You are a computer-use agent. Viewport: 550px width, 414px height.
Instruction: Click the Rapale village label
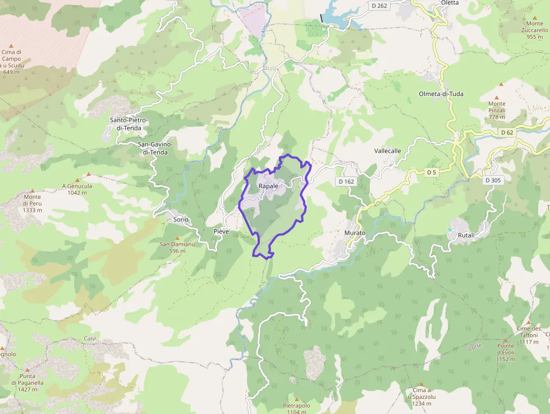[268, 186]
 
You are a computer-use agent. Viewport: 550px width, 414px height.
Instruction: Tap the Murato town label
[355, 233]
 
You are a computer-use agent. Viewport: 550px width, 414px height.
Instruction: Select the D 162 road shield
[346, 181]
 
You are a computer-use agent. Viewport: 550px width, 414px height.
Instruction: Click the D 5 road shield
[431, 172]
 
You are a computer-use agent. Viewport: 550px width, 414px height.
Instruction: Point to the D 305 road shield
[494, 180]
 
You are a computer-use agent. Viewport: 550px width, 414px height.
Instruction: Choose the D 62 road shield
[506, 133]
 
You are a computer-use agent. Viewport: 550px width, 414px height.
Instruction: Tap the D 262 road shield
[379, 6]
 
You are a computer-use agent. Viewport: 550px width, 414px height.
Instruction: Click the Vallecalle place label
[388, 151]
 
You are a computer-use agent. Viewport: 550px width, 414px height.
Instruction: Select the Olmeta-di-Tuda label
[441, 94]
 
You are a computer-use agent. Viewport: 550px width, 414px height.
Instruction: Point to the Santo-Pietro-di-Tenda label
[129, 124]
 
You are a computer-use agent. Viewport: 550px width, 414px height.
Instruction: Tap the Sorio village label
[181, 219]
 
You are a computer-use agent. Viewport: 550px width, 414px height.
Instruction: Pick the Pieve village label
[222, 231]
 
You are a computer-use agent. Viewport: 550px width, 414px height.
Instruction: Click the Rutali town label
[466, 235]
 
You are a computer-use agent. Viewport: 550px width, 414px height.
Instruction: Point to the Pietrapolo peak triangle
[296, 399]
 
